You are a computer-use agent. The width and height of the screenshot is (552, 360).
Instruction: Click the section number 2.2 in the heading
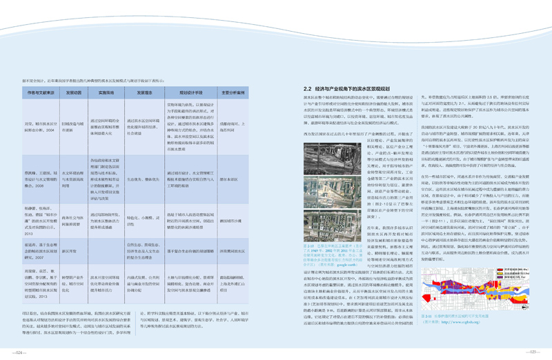pyautogui.click(x=308, y=90)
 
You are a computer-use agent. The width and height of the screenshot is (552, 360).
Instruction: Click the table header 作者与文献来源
pyautogui.click(x=42, y=91)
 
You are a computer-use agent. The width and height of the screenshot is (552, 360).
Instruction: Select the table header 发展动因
pyautogui.click(x=74, y=91)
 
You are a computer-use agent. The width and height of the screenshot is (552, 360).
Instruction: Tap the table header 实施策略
pyautogui.click(x=106, y=91)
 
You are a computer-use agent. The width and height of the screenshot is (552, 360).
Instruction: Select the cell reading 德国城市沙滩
pyautogui.click(x=230, y=201)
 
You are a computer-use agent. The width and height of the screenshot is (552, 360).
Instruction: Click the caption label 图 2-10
pyautogui.click(x=308, y=244)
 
